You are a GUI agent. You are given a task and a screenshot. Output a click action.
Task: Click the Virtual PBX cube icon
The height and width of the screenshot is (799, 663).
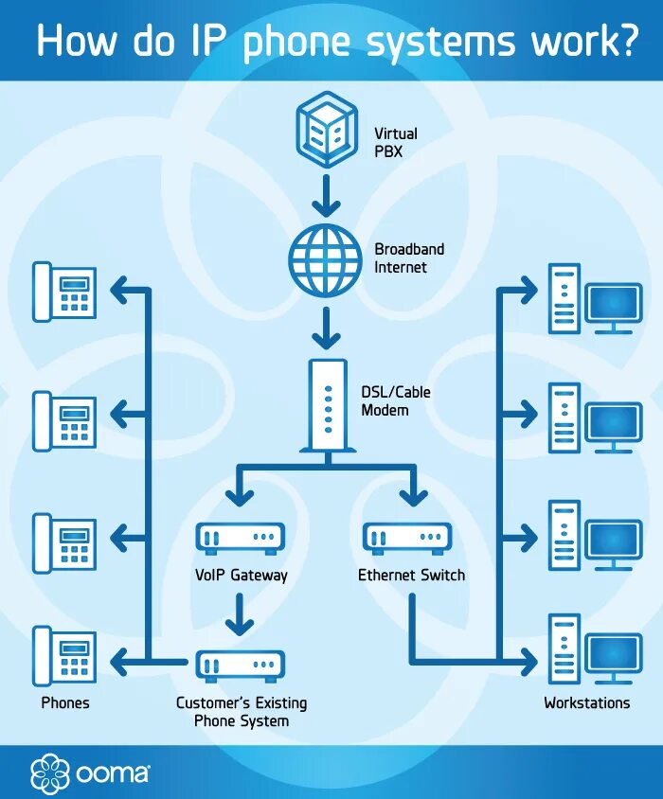point(326,129)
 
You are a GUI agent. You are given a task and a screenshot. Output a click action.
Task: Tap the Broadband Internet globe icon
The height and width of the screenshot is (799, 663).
point(326,257)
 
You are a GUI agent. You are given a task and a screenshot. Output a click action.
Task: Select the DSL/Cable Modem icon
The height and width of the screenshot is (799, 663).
point(327,404)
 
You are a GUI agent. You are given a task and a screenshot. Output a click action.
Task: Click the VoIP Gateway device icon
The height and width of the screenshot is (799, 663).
point(240,538)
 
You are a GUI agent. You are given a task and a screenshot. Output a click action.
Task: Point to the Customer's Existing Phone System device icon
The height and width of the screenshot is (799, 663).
point(240,665)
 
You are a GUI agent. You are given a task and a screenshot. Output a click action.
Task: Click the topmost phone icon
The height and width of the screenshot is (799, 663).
point(64,291)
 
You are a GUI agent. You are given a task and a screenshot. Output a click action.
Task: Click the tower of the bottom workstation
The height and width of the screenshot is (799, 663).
point(564,648)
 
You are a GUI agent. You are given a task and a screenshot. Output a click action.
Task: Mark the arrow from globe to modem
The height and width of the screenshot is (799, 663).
point(326,328)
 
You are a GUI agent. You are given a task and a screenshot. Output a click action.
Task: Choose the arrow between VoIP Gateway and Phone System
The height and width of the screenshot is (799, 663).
point(241,616)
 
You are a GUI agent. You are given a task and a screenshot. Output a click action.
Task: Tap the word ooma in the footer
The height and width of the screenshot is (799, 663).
point(111,772)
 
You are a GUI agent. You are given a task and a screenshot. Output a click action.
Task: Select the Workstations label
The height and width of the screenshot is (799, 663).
point(586,703)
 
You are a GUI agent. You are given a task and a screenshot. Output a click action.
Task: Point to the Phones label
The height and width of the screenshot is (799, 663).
point(65,703)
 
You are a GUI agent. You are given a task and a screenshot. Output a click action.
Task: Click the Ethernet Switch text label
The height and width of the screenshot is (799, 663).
point(411,575)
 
